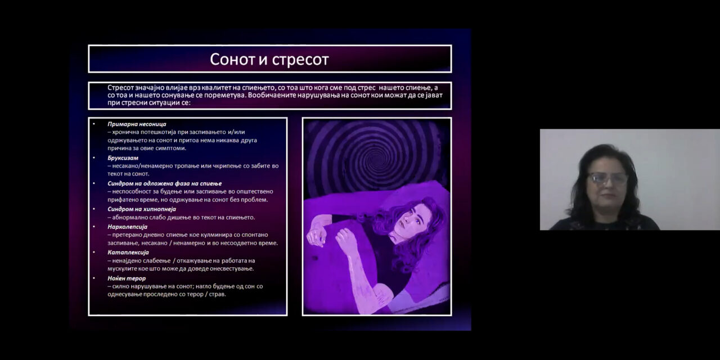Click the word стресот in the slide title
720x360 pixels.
click(x=300, y=60)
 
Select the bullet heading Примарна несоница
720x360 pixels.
click(x=137, y=124)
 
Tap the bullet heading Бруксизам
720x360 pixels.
click(x=123, y=158)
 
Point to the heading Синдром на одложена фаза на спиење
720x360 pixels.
click(x=165, y=183)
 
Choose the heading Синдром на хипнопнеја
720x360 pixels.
click(x=142, y=209)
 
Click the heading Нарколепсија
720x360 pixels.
click(x=127, y=227)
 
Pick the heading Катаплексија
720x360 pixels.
click(x=128, y=253)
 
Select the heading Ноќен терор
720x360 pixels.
click(x=127, y=278)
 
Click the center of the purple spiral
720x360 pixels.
click(x=376, y=158)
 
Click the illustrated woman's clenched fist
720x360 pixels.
click(x=345, y=238)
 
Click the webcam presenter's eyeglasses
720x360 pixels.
click(x=607, y=178)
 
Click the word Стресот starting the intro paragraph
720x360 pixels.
click(x=120, y=88)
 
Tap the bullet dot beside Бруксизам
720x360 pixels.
click(x=94, y=157)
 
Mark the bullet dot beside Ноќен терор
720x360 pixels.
click(x=94, y=278)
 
